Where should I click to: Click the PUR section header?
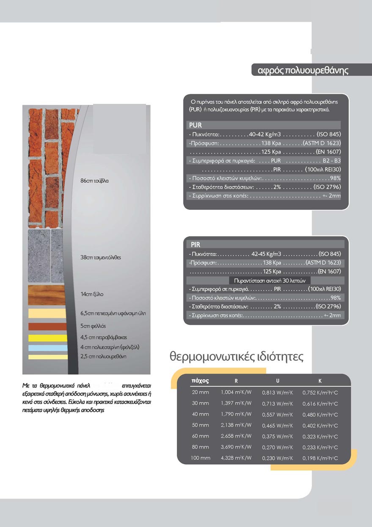196,125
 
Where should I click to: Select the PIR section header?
196,245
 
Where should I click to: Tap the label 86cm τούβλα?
95,181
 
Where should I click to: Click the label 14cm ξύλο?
92,294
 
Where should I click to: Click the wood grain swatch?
46,295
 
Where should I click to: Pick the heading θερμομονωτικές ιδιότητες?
237,356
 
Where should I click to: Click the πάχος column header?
200,380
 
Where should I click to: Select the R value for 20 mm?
236,392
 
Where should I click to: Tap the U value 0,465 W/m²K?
278,425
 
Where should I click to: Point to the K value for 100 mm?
320,458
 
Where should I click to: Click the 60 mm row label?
200,436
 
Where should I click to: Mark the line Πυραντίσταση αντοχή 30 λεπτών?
270,281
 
